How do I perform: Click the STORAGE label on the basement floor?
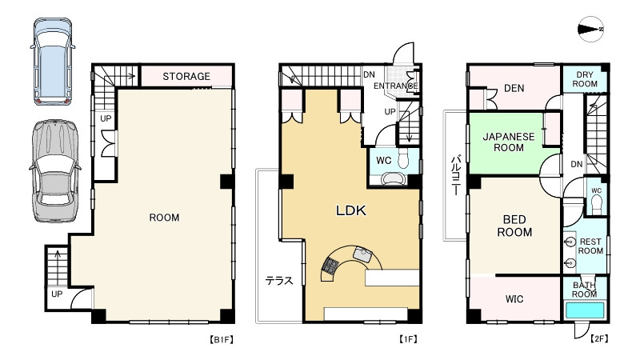pos(186,76)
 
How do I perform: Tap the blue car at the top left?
pos(53,62)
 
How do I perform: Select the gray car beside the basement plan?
pos(54,171)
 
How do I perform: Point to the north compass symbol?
pos(590,29)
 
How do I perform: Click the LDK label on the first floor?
pos(351,210)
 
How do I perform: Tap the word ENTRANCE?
pos(396,86)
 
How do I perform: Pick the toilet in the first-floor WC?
pos(403,158)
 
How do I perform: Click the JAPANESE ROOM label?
pos(509,142)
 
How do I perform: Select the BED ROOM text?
pos(514,226)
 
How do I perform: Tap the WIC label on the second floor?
pos(514,299)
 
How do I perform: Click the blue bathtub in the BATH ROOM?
pos(585,310)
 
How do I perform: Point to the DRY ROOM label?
pos(585,79)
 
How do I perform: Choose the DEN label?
pos(514,88)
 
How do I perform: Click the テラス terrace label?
pos(279,281)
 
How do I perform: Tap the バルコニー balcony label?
pos(456,174)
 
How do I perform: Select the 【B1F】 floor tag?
pos(222,339)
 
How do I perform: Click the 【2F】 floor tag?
pos(598,338)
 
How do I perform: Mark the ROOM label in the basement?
pos(164,218)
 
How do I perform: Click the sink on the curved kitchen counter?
pos(362,254)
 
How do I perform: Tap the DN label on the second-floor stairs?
pos(576,164)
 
